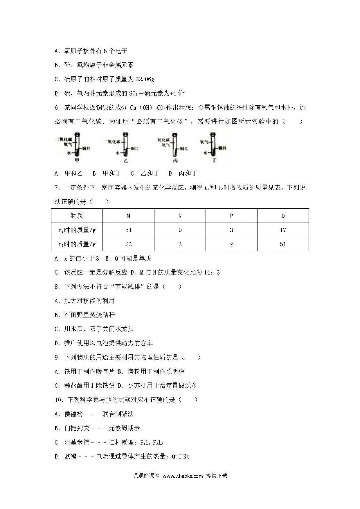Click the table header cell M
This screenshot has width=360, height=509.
[x=128, y=216]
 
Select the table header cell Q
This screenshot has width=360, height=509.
[x=283, y=216]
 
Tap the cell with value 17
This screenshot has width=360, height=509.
[x=283, y=230]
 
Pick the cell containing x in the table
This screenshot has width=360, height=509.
[x=231, y=244]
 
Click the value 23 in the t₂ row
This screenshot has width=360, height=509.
[x=128, y=244]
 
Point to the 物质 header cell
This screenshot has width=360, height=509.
[x=77, y=216]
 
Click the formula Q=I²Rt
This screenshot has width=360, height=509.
[x=180, y=456]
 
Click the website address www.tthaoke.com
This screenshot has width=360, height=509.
[x=183, y=476]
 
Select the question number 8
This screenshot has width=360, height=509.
[x=57, y=287]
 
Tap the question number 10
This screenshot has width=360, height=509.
[x=59, y=400]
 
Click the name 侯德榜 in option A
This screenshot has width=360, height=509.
[x=73, y=414]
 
